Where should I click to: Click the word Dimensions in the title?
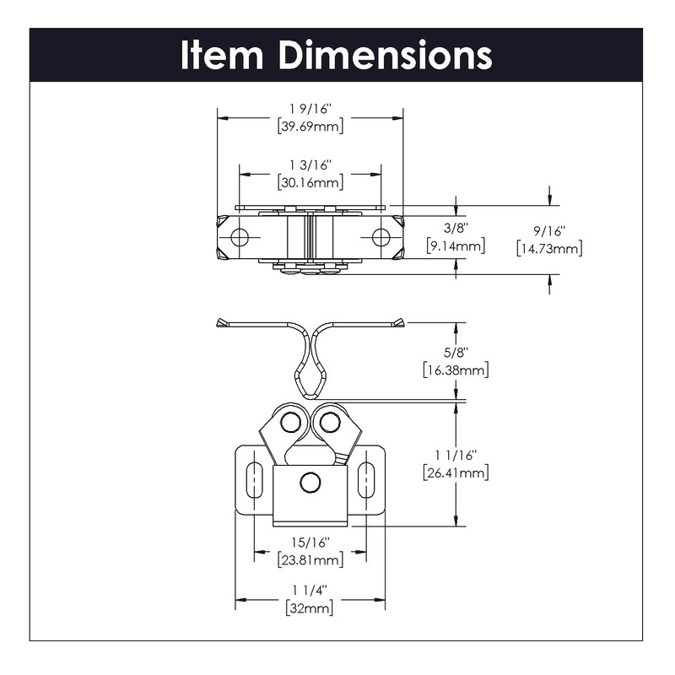(386, 55)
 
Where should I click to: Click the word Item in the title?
(222, 55)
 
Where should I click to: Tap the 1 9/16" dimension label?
(310, 109)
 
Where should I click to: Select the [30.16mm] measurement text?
(310, 182)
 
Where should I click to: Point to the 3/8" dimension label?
(456, 228)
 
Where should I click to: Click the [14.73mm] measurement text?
(549, 249)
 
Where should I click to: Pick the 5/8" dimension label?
(456, 353)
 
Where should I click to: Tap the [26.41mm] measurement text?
(456, 473)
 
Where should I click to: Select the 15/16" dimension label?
(310, 542)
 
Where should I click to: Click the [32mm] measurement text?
(310, 608)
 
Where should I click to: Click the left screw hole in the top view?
(240, 237)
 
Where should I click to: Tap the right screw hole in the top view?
(381, 237)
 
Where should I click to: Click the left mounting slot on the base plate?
(254, 479)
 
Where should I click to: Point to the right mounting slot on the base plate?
(366, 479)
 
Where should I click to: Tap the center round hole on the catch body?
(310, 483)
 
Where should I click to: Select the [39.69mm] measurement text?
(310, 127)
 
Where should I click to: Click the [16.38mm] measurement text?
(456, 370)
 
